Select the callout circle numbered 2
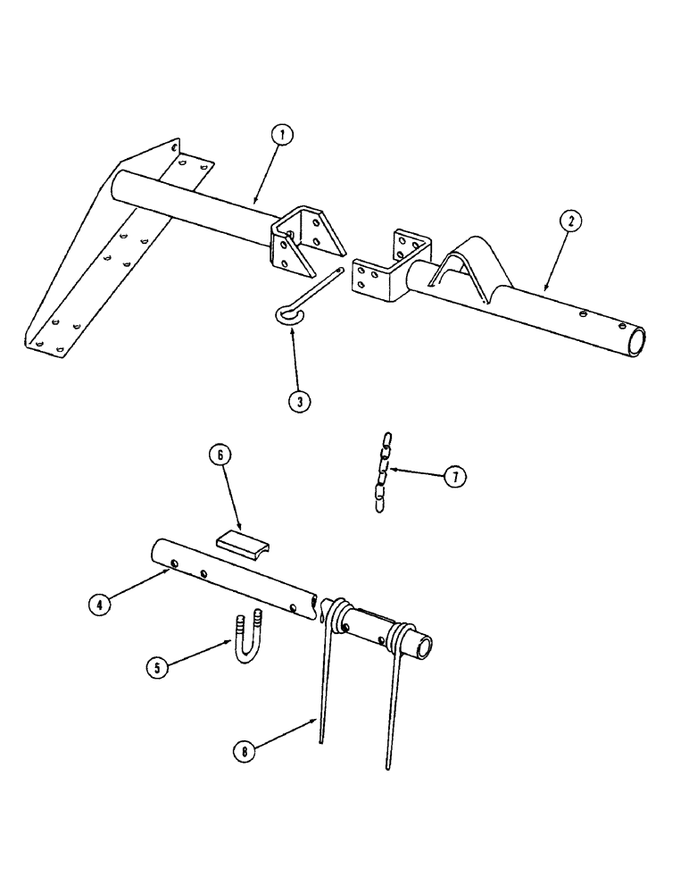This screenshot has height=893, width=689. [x=569, y=221]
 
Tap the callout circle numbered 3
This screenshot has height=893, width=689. [x=299, y=401]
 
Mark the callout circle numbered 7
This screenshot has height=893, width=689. [x=454, y=477]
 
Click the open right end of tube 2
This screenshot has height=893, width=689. [x=637, y=341]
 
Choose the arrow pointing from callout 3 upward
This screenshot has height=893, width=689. [x=295, y=357]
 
